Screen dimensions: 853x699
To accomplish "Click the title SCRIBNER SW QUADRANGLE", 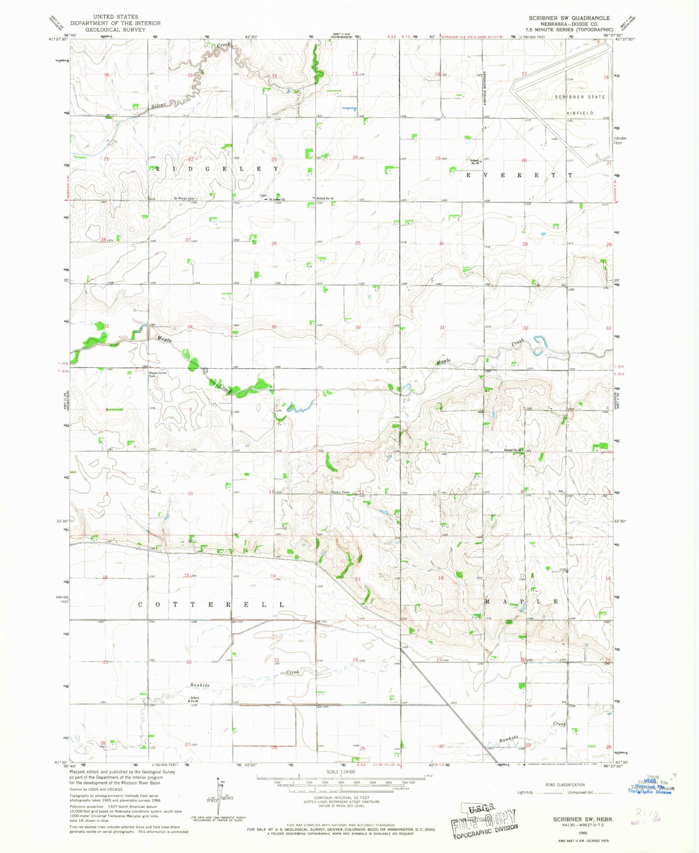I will (569, 18).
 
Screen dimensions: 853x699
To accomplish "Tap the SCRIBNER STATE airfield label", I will (580, 97).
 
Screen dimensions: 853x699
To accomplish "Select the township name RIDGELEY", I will (216, 169).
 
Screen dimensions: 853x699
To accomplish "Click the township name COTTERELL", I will (211, 605).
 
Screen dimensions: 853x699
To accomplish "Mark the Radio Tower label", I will (341, 493).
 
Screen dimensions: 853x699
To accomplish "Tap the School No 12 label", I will (325, 198).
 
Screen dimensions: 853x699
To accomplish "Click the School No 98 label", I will (194, 700).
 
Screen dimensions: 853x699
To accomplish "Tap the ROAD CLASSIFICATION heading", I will (565, 785).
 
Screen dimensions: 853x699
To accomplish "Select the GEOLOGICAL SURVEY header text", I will (115, 30).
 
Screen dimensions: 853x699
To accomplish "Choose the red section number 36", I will (358, 328).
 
